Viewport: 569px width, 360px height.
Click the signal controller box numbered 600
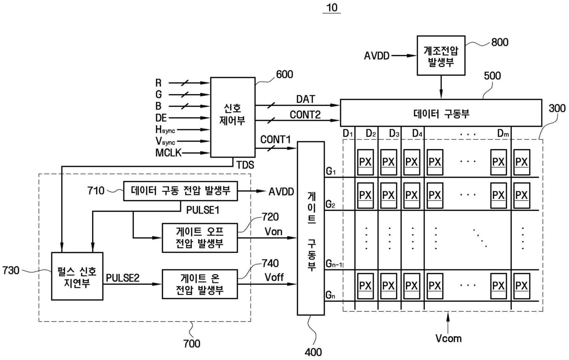233,117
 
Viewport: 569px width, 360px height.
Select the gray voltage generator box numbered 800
441,56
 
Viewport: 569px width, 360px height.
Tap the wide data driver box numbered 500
441,113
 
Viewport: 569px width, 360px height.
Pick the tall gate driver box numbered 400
311,228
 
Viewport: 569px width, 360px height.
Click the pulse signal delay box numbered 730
77,276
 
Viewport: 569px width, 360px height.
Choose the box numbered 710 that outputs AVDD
181,191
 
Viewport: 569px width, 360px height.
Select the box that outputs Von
200,238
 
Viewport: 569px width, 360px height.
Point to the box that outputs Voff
200,284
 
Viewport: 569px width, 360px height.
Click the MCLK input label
168,153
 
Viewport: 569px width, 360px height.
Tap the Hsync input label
165,129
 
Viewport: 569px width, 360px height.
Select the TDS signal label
245,165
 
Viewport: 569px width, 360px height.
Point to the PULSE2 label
123,278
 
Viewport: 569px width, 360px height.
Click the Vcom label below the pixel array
448,338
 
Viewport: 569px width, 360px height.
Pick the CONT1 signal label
275,140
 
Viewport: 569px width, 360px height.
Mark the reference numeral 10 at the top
332,8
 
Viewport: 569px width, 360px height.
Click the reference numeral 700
192,344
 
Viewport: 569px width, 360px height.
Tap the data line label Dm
503,133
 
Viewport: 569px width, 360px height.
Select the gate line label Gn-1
334,264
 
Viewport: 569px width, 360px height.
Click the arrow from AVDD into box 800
404,56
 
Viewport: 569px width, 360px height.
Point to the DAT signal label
306,99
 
